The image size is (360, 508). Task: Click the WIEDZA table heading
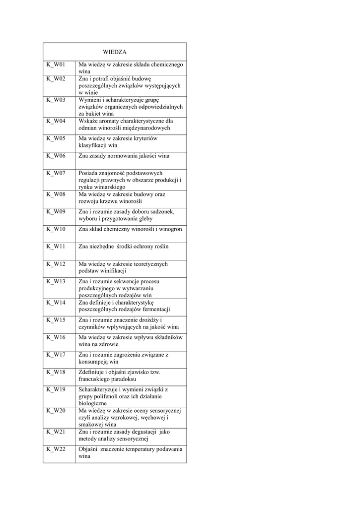(115, 51)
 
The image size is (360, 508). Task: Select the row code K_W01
(56, 65)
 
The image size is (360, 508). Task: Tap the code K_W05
(56, 138)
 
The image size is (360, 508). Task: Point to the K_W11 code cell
(56, 247)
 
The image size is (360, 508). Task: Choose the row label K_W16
(56, 337)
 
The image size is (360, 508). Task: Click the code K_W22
(56, 449)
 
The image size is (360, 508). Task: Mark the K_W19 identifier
(56, 389)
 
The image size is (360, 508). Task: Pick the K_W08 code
(56, 194)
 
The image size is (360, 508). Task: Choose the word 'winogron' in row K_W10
(170, 229)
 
